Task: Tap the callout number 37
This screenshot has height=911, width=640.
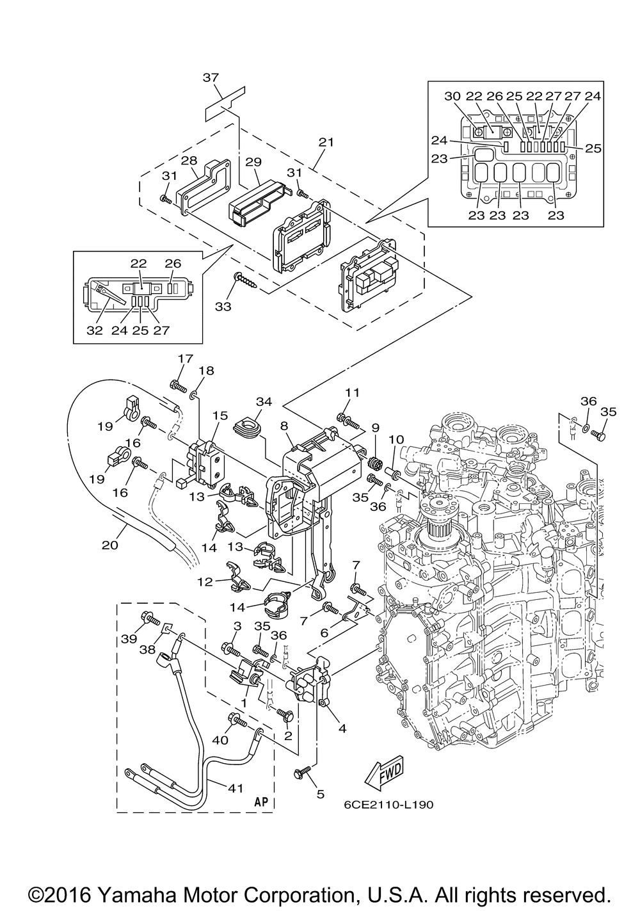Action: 211,77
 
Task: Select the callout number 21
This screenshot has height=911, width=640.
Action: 326,142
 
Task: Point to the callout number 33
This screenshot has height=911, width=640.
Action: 223,306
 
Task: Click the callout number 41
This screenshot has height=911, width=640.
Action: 235,788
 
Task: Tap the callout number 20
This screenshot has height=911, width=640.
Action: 110,545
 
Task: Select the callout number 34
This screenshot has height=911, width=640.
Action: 264,401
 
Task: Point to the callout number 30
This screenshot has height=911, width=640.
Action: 452,96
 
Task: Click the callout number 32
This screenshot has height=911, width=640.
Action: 94,330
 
